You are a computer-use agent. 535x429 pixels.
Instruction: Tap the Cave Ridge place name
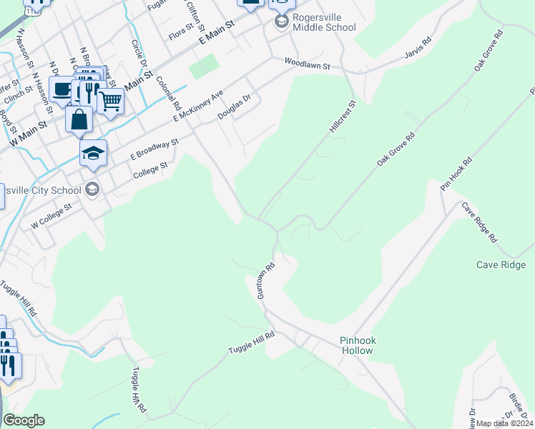[x=501, y=265]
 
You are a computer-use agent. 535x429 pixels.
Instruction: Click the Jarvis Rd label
[x=418, y=49]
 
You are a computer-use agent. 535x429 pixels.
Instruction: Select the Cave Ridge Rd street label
[x=478, y=222]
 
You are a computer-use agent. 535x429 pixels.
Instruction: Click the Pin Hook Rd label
[x=456, y=173]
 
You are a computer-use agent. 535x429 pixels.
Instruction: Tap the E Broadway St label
[x=154, y=149]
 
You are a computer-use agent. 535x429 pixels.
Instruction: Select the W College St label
[x=51, y=216]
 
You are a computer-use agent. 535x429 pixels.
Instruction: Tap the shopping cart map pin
[x=110, y=102]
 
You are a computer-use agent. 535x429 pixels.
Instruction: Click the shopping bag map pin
[x=79, y=119]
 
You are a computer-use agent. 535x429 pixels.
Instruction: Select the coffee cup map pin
[x=62, y=89]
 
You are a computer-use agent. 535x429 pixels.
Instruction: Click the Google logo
[x=24, y=420]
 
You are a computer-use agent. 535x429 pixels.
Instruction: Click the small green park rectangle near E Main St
[x=204, y=68]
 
